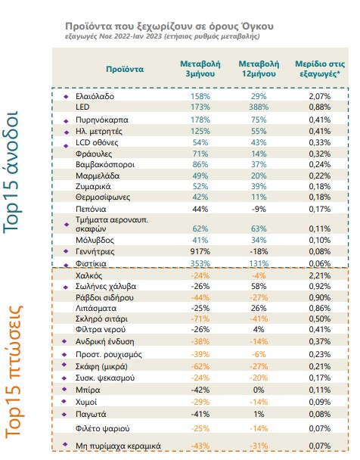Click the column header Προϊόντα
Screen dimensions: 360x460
pos(125,70)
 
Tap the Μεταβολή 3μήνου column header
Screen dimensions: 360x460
pos(200,69)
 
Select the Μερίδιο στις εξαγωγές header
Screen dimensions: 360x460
pos(320,69)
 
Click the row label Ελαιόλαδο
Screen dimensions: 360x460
pos(95,96)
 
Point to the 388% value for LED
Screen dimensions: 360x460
pos(259,107)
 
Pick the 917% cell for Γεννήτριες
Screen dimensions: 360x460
pos(200,251)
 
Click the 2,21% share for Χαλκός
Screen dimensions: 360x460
pos(320,275)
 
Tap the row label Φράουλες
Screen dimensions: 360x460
pos(94,154)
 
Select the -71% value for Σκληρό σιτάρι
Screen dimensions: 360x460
pos(200,319)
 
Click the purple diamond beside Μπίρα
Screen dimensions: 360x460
pos(64,390)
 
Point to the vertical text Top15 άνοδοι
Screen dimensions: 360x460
pos(11,172)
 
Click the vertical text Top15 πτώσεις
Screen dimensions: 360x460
pos(14,372)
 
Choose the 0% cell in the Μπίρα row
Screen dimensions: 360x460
pos(259,390)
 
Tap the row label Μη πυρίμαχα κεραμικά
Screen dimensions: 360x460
pos(118,446)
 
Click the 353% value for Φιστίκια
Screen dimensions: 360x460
pos(200,263)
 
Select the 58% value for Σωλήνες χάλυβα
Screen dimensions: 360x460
pos(259,286)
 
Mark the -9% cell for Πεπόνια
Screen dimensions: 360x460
pos(259,209)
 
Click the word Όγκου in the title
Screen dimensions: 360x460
pos(257,26)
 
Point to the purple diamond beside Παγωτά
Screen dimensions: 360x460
pos(64,415)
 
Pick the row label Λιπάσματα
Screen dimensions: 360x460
pos(96,309)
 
